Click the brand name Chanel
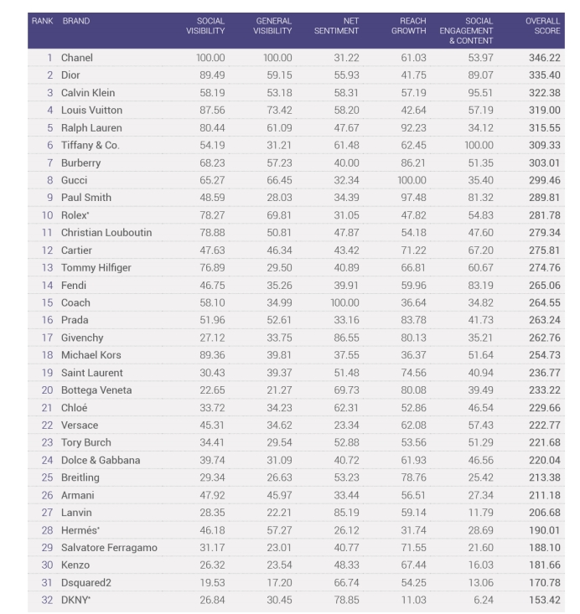tap(76, 58)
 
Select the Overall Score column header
tap(543, 25)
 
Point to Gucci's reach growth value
tap(408, 180)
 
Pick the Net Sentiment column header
tap(339, 25)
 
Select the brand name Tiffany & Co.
tap(90, 145)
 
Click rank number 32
tap(47, 600)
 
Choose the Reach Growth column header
tap(409, 25)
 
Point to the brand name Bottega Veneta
tap(96, 390)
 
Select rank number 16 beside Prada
tap(47, 320)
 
